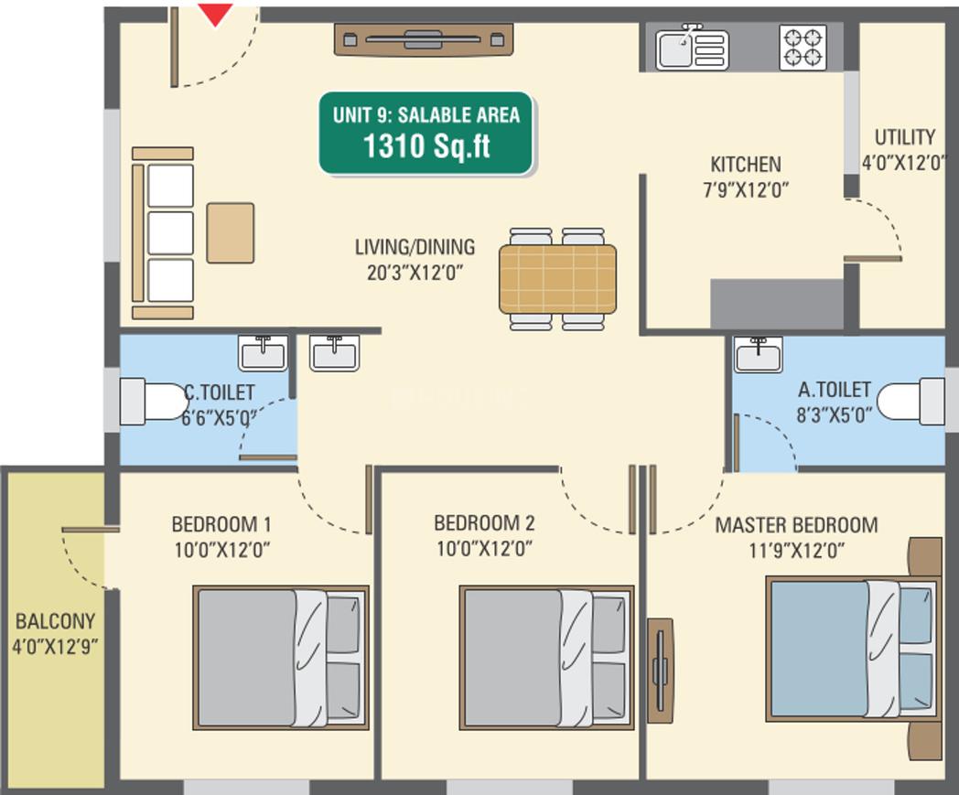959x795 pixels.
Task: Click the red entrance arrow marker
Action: point(215,14)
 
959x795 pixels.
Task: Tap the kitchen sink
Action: point(692,48)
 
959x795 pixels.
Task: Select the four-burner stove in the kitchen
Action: point(803,47)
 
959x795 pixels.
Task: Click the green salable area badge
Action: point(426,134)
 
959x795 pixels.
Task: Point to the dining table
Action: point(558,278)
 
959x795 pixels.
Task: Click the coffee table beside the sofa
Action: point(230,233)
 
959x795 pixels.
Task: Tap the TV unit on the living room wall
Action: point(424,39)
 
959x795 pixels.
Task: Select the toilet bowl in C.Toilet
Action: point(153,402)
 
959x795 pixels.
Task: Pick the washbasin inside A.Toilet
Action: point(759,354)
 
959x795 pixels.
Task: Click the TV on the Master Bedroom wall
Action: point(660,671)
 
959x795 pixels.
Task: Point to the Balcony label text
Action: point(56,621)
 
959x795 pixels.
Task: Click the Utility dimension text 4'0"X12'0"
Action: point(903,163)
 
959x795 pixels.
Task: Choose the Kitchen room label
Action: point(746,165)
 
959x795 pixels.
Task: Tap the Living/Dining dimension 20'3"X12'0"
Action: point(415,272)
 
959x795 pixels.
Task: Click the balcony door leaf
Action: point(91,529)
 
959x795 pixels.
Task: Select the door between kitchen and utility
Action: point(873,259)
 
